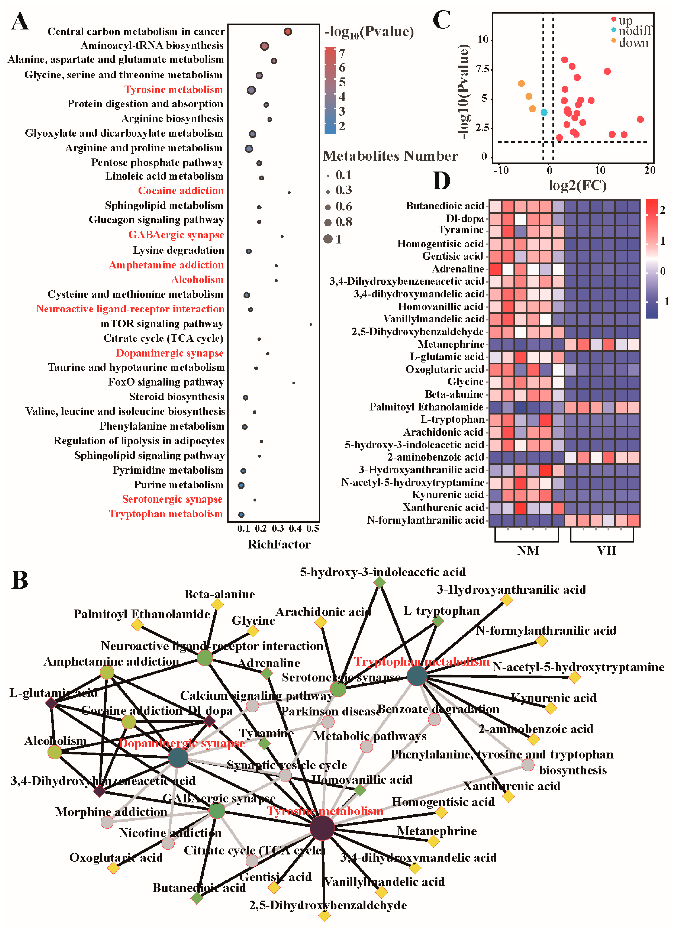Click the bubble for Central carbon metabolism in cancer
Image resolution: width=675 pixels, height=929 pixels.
(x=288, y=31)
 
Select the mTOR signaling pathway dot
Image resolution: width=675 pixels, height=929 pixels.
(x=311, y=325)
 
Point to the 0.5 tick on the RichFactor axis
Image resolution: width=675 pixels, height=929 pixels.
(x=312, y=528)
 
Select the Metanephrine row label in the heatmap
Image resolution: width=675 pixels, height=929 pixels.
(x=451, y=344)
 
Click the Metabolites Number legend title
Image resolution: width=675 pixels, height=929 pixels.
(x=390, y=156)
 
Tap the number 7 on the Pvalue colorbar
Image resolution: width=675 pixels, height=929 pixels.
(x=342, y=53)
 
